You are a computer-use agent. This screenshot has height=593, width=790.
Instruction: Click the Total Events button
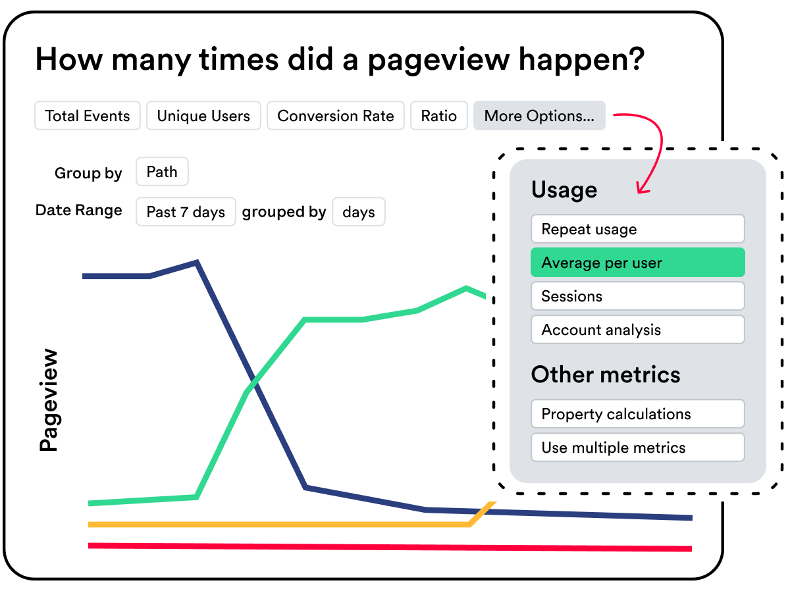[88, 116]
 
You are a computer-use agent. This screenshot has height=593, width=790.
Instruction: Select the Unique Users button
[203, 116]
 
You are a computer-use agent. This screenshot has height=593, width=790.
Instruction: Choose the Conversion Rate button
[336, 116]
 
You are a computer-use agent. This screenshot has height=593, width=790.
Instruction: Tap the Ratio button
[439, 116]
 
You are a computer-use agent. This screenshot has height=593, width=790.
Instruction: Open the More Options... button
[539, 116]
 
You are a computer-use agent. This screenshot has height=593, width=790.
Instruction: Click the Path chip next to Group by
[162, 172]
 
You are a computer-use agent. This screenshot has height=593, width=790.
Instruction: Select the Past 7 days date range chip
[186, 212]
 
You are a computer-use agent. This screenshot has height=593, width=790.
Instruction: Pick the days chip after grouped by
[359, 212]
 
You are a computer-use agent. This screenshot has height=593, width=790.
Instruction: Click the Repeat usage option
[637, 229]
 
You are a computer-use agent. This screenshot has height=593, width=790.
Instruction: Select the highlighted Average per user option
[637, 263]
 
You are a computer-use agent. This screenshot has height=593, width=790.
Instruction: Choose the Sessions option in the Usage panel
[637, 296]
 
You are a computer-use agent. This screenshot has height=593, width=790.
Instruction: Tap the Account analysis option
[637, 330]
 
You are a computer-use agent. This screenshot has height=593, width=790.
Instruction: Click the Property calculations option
[637, 414]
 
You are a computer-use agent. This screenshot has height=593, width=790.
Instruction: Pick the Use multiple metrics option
[637, 448]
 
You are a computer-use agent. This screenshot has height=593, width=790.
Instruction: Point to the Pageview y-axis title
[49, 400]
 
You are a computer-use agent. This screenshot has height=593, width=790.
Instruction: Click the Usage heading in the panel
[564, 190]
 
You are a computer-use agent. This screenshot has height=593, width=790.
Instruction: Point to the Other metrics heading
[606, 374]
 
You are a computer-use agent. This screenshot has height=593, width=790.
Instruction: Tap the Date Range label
[79, 211]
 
